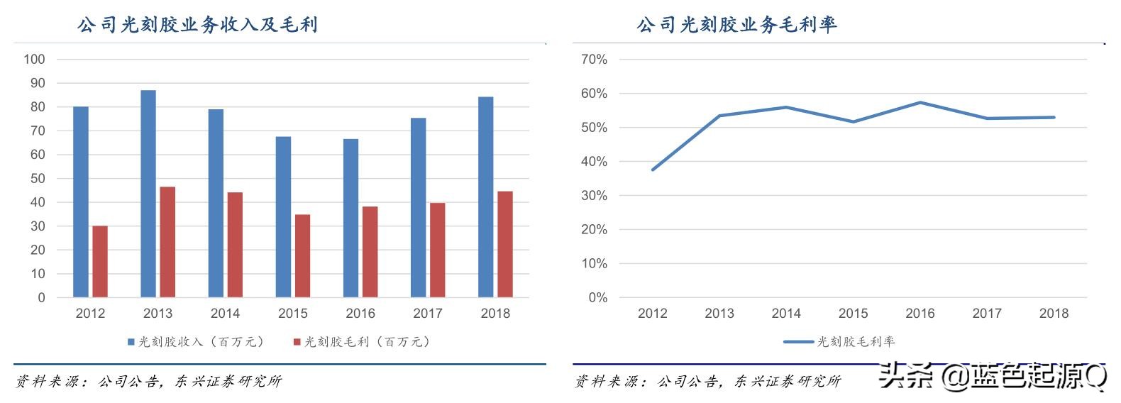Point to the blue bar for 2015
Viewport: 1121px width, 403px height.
(283, 217)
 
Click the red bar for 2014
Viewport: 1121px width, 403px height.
(235, 245)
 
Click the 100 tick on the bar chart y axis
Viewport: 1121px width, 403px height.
(34, 60)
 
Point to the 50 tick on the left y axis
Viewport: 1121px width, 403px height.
(37, 179)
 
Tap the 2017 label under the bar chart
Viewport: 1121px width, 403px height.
(428, 314)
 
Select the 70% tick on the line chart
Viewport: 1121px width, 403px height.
(595, 60)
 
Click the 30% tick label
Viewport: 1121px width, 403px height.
(595, 196)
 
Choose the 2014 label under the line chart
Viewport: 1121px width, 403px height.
(786, 314)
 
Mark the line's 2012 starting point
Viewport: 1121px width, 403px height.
(653, 170)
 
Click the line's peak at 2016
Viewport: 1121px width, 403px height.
(920, 103)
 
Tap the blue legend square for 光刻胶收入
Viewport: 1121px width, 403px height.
(131, 342)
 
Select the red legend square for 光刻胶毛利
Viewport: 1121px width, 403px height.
(297, 342)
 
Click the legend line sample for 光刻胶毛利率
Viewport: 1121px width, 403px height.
(798, 342)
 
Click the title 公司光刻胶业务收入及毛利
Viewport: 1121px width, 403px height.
(197, 25)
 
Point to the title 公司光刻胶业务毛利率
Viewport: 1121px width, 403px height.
(736, 25)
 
